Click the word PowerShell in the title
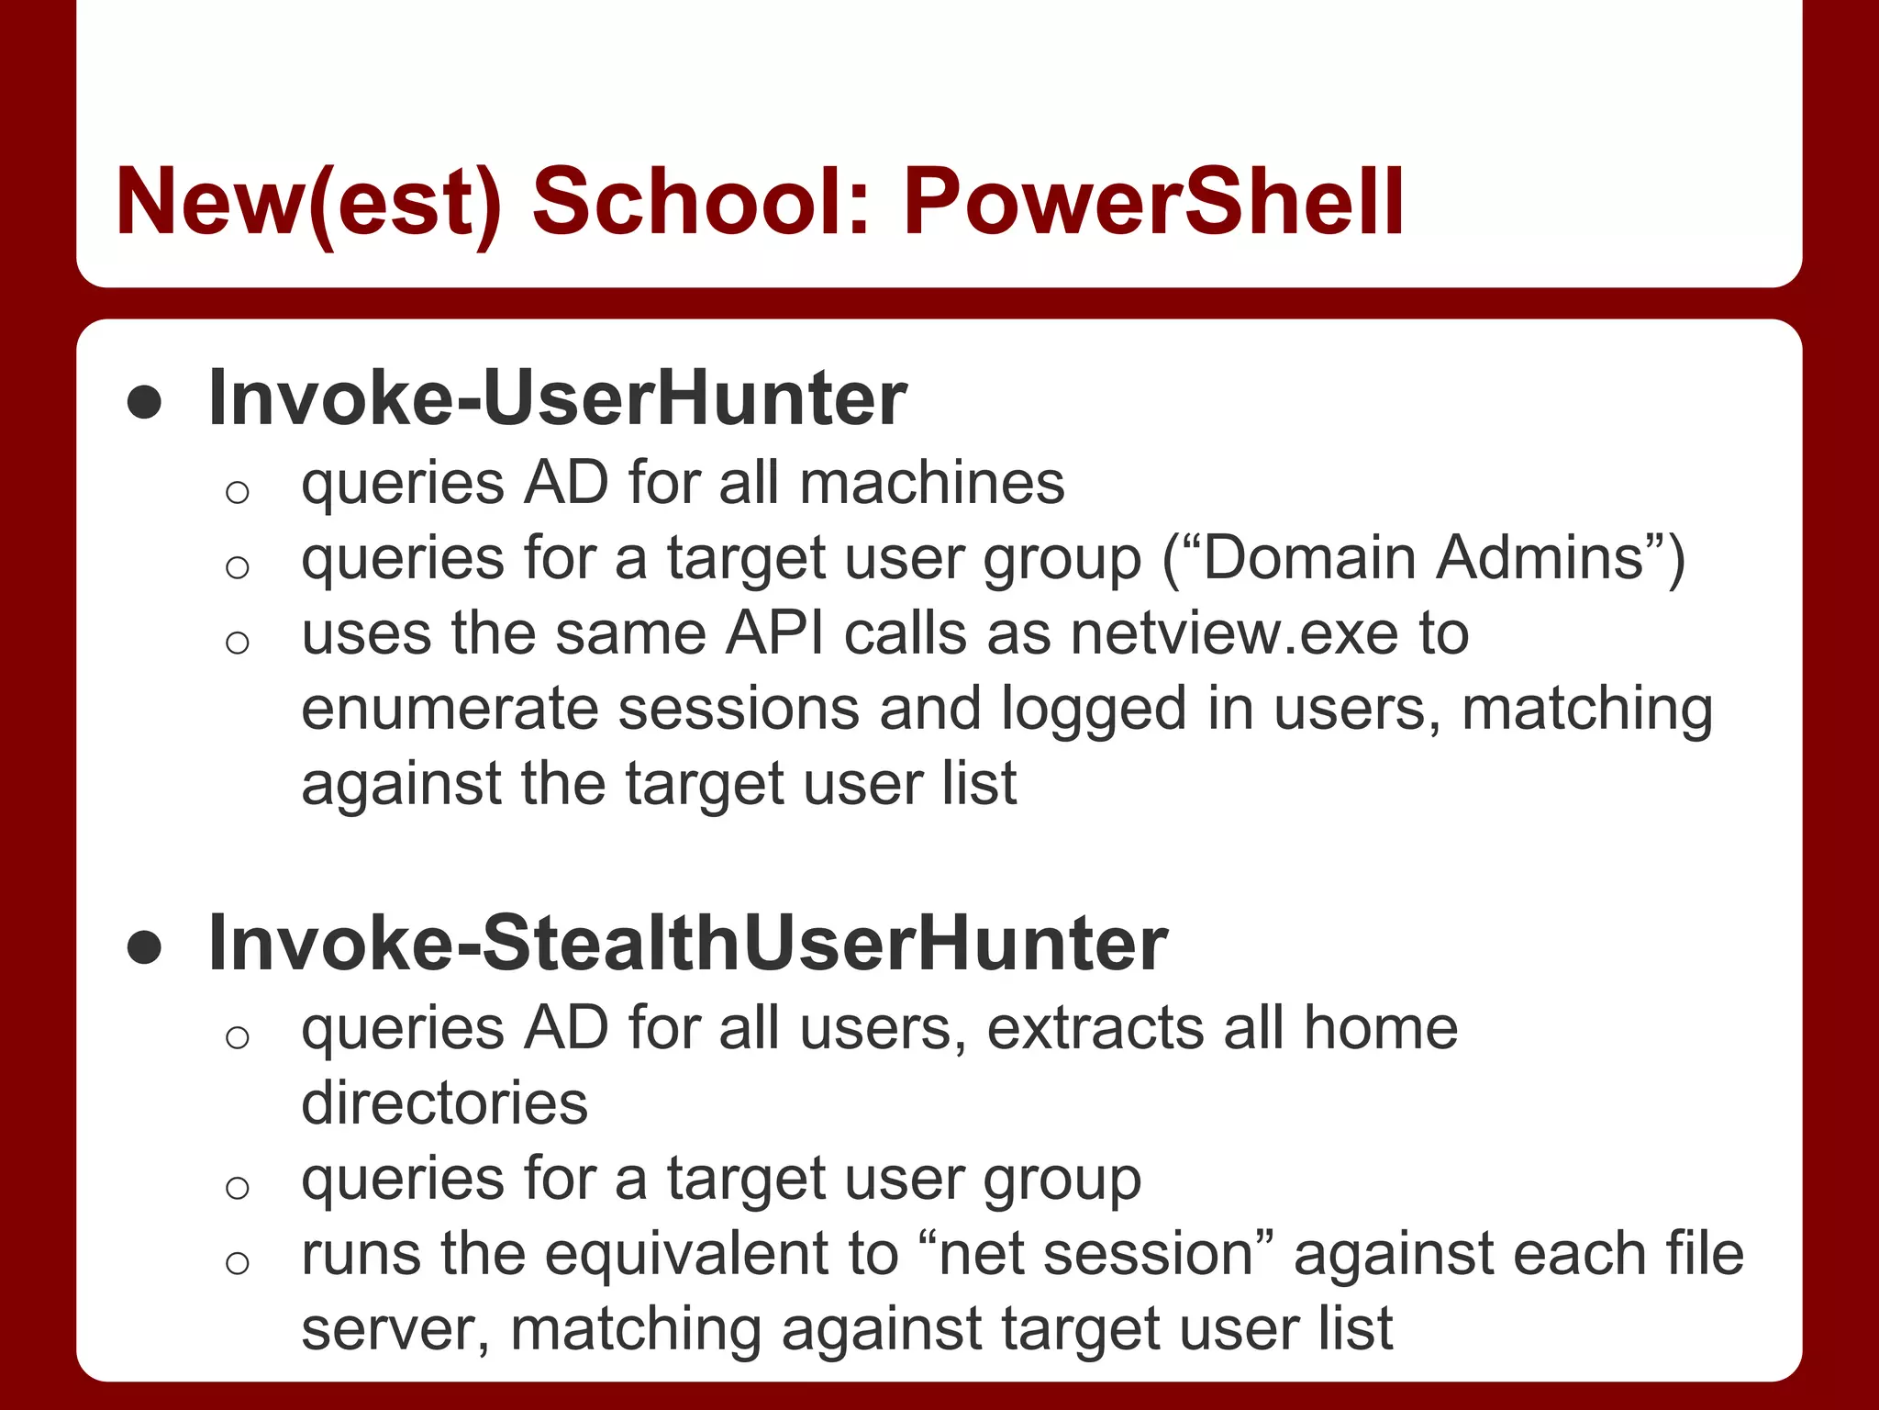pyautogui.click(x=1153, y=202)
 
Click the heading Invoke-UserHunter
pyautogui.click(x=558, y=398)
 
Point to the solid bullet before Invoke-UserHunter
pyautogui.click(x=145, y=402)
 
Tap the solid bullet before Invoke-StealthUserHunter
pyautogui.click(x=145, y=946)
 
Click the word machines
pyautogui.click(x=932, y=483)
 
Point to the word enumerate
pyautogui.click(x=450, y=709)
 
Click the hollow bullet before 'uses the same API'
pyautogui.click(x=237, y=642)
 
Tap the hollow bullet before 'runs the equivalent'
pyautogui.click(x=237, y=1262)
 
